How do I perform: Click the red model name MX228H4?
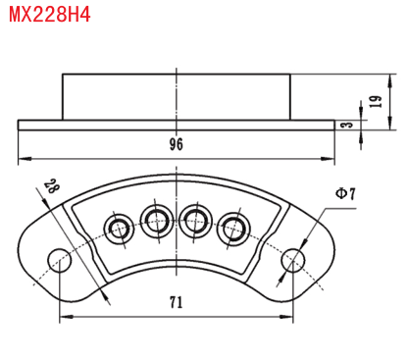(x=49, y=15)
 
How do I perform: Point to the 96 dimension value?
(x=177, y=144)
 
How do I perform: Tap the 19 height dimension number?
(x=376, y=102)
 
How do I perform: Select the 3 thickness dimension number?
(x=348, y=125)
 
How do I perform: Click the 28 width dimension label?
(x=52, y=186)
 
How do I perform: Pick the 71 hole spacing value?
(x=177, y=302)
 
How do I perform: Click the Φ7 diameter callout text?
(x=345, y=193)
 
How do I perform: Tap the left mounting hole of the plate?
(x=60, y=261)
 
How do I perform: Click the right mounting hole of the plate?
(x=293, y=261)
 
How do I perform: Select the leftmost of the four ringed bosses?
(x=119, y=228)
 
